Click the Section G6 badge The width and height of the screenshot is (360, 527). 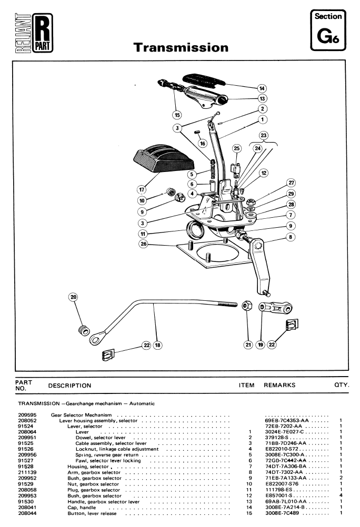click(328, 31)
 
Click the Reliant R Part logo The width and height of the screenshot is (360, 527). click(34, 33)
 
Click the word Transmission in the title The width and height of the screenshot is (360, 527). click(181, 47)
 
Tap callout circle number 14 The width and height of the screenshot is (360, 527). click(262, 88)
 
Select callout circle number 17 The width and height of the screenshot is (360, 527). click(142, 190)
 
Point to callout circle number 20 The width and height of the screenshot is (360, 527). click(73, 297)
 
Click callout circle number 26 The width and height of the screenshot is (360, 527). click(144, 244)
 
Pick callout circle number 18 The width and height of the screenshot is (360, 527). click(157, 345)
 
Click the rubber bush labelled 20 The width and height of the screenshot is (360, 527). click(84, 330)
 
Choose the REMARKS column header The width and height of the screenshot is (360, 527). click(279, 385)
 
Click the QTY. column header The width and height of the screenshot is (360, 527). click(342, 385)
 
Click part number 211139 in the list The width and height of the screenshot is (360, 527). click(27, 472)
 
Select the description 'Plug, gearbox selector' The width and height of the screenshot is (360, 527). click(94, 490)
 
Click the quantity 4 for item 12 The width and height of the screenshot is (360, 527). click(341, 495)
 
